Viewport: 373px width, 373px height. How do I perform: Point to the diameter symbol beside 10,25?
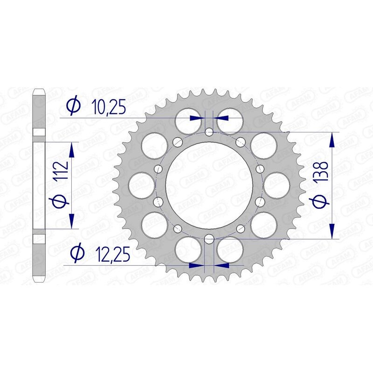(73, 107)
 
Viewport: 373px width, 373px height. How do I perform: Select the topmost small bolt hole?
(209, 132)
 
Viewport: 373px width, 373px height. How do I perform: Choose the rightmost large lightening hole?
(276, 186)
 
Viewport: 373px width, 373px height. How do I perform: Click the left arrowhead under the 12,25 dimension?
(198, 265)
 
